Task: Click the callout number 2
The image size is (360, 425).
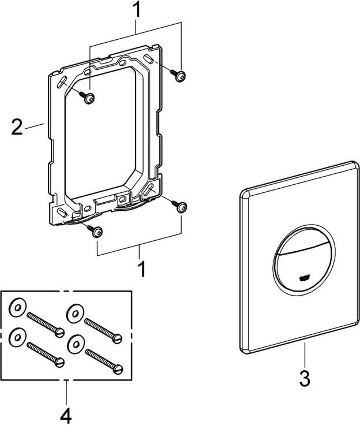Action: click(17, 126)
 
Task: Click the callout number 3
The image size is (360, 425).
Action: click(305, 379)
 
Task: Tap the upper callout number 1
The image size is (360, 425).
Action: click(136, 10)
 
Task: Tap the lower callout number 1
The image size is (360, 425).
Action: click(139, 269)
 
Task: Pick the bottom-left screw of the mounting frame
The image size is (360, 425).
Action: click(96, 231)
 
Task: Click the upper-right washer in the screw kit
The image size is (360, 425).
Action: click(74, 314)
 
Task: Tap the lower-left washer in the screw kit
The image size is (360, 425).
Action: click(18, 335)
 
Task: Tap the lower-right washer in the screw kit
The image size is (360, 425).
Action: click(74, 343)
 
